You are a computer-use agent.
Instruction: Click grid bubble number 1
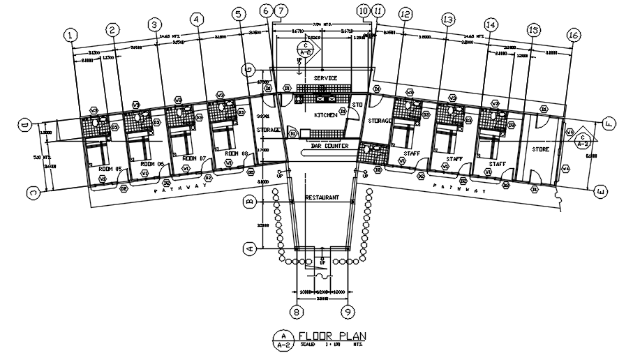tap(69, 34)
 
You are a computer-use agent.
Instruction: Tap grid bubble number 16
tap(574, 34)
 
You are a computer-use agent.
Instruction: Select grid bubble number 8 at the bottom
tap(296, 312)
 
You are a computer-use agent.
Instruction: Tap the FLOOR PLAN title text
tap(332, 336)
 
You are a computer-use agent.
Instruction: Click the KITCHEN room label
tap(325, 114)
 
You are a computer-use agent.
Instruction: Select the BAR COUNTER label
tap(325, 147)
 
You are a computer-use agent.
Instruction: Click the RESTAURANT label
tap(322, 197)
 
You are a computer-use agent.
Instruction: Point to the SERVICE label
tap(325, 78)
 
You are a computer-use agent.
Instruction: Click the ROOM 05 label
tap(110, 169)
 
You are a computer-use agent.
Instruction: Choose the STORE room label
tap(541, 149)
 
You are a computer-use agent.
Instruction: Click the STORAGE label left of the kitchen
tap(268, 130)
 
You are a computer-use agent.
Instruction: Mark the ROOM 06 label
tap(151, 163)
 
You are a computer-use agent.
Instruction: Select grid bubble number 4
tap(198, 20)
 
